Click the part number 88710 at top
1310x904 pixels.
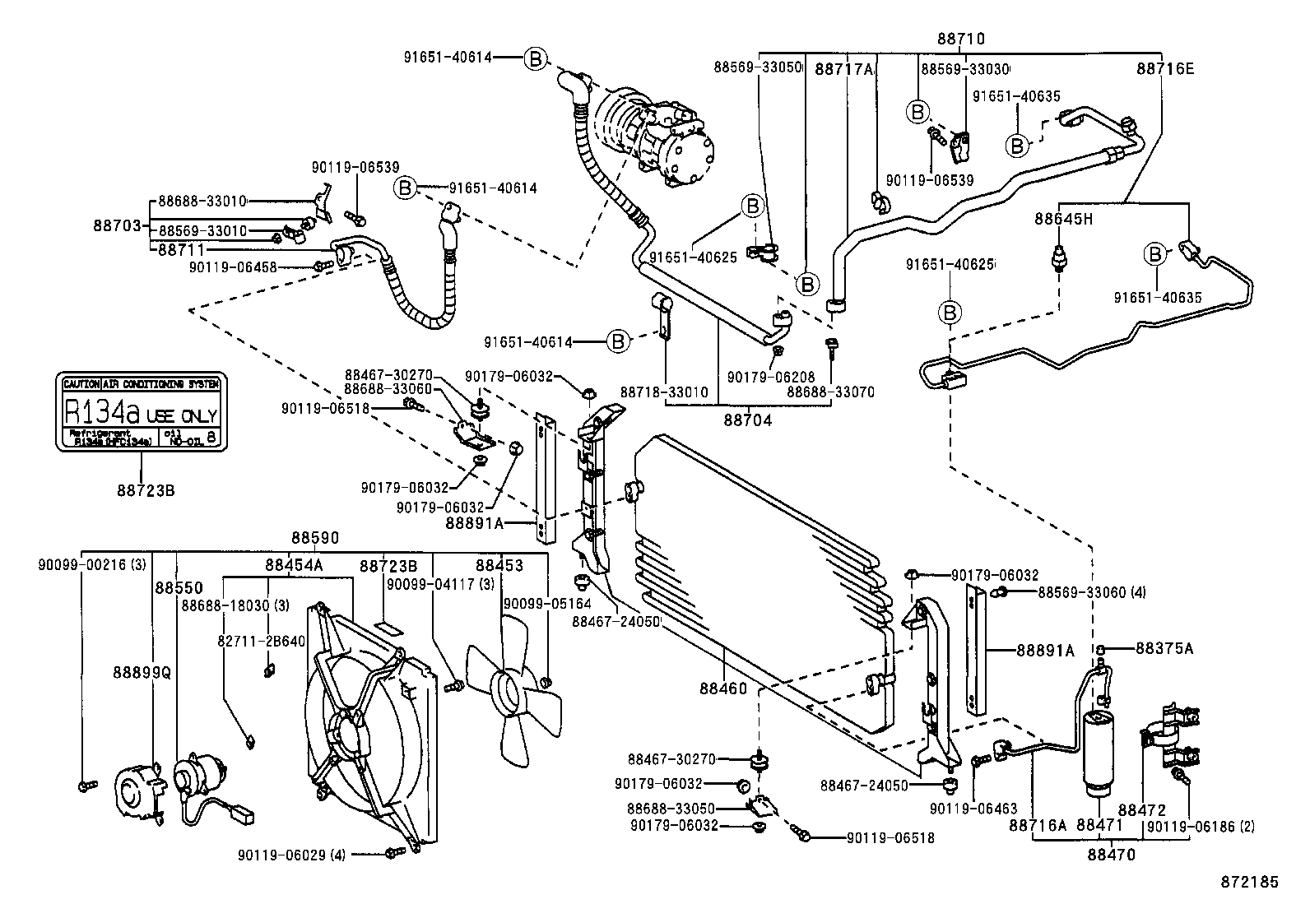(x=961, y=39)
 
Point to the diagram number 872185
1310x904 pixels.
(x=1249, y=882)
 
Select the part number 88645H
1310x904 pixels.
(x=1063, y=219)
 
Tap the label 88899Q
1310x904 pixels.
(x=142, y=672)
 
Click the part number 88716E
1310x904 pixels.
(x=1165, y=69)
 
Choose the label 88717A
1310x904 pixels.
(x=843, y=70)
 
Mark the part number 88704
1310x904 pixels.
(x=748, y=420)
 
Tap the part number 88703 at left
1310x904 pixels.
(x=119, y=225)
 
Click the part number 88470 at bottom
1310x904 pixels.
(x=1110, y=855)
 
